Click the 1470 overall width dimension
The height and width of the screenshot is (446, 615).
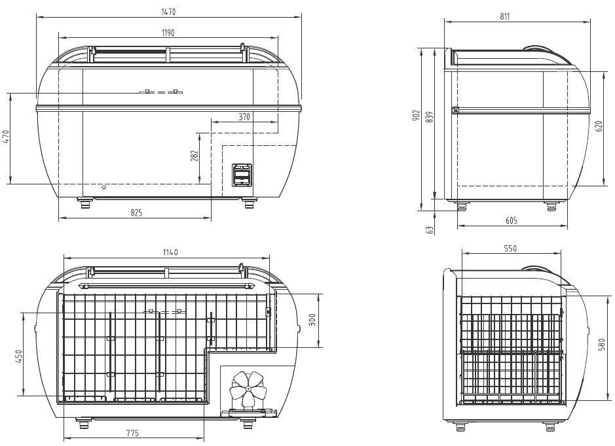pos(169,12)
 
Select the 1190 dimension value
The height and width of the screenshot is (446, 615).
pos(168,33)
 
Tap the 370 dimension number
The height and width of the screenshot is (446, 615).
pos(244,116)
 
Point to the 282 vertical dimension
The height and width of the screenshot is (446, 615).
pos(195,156)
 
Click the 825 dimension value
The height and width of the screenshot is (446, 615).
pos(136,213)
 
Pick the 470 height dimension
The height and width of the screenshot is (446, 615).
pos(6,137)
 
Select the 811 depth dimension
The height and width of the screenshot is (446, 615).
pos(505,16)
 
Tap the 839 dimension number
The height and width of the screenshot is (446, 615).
pos(430,116)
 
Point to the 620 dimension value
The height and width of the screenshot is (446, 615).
pos(599,126)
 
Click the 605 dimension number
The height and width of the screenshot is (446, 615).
pos(511,220)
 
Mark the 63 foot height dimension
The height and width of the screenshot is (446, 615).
pos(430,230)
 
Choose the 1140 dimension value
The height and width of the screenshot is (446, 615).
pos(170,252)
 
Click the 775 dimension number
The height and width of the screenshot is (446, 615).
pos(132,433)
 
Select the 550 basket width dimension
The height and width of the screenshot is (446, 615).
pos(510,249)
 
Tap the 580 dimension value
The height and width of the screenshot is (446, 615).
pos(603,344)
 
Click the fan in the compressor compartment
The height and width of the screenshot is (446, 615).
pos(248,389)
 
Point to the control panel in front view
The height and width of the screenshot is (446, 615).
pos(242,175)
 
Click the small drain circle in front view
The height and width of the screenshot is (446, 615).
pos(103,187)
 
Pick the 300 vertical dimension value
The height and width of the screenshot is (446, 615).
pos(312,320)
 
